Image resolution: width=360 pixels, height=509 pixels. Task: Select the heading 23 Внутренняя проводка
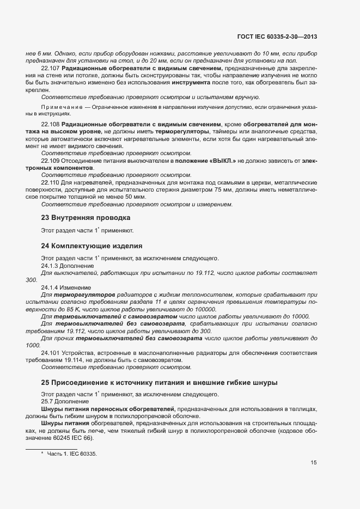pyautogui.click(x=86, y=217)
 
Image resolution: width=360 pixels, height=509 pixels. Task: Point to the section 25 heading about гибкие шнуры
pyautogui.click(x=159, y=383)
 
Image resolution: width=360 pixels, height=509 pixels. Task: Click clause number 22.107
pyautogui.click(x=51, y=69)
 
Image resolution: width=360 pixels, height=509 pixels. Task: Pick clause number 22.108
pyautogui.click(x=51, y=125)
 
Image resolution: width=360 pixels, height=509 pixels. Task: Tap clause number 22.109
pyautogui.click(x=51, y=162)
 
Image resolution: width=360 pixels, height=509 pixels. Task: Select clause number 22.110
pyautogui.click(x=51, y=183)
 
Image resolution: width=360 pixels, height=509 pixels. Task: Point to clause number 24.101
pyautogui.click(x=51, y=353)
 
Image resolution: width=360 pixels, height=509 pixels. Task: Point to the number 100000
pyautogui.click(x=204, y=309)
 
